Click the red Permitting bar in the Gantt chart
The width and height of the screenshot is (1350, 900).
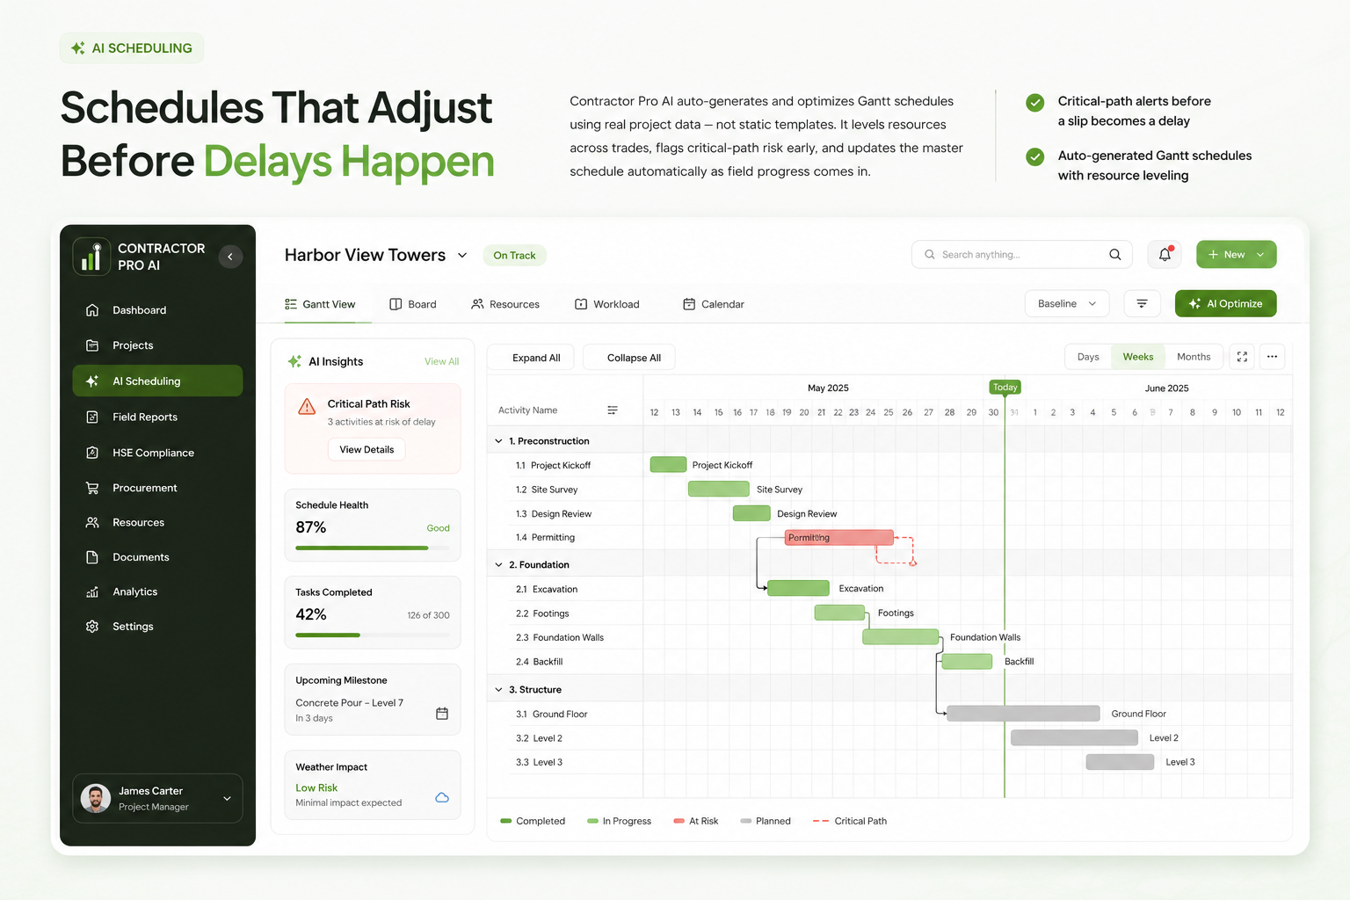(838, 537)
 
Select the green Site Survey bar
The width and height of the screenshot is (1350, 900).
(718, 489)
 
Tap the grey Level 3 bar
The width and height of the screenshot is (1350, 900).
(1120, 762)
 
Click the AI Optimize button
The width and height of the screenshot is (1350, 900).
(1225, 303)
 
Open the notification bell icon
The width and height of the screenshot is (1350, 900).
(1165, 254)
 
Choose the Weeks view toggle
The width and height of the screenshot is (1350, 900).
(1138, 357)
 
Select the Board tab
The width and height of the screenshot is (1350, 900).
(413, 304)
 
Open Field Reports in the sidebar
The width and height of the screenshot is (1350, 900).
(145, 417)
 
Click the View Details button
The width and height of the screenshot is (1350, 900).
(367, 450)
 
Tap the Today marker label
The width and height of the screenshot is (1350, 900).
(1005, 387)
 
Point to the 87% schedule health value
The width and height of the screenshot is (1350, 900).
(311, 527)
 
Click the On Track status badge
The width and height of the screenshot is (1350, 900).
(515, 255)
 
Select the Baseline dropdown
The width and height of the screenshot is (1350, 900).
(1067, 303)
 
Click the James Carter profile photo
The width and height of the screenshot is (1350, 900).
(96, 798)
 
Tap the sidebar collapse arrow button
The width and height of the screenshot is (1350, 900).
(230, 256)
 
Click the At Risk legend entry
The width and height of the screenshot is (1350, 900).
(696, 821)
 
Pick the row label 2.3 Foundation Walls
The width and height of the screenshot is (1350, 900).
(560, 637)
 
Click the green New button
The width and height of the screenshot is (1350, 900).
(1236, 254)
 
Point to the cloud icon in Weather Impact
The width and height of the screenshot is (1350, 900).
(442, 797)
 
